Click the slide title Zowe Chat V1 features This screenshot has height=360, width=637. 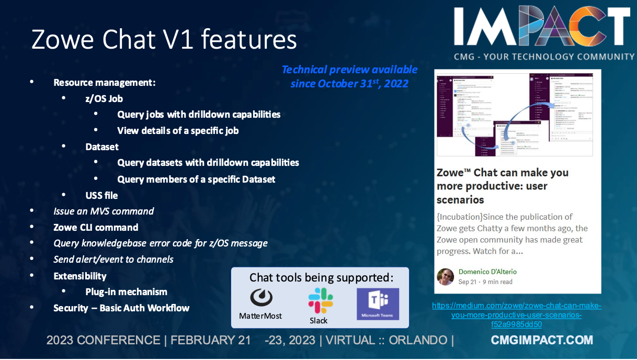[x=164, y=39]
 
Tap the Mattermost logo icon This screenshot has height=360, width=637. [x=260, y=298]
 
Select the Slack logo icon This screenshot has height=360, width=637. [x=320, y=300]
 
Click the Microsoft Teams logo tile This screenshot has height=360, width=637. [x=378, y=304]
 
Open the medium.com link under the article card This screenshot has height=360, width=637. [x=517, y=315]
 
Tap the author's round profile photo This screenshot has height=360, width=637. [x=446, y=277]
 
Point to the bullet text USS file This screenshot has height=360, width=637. [x=101, y=195]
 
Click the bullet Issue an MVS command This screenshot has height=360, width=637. [x=104, y=211]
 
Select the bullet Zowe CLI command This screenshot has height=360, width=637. [x=96, y=228]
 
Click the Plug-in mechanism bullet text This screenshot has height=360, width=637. [x=126, y=292]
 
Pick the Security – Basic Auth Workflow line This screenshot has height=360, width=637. [x=121, y=308]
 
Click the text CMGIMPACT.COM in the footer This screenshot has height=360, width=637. [x=542, y=341]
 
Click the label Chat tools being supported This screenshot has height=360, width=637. [x=321, y=277]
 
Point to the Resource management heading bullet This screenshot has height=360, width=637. [x=105, y=83]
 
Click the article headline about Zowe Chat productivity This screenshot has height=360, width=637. [x=503, y=186]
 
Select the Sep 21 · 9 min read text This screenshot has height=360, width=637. [x=485, y=282]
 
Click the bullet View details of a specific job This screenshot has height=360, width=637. [x=178, y=131]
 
